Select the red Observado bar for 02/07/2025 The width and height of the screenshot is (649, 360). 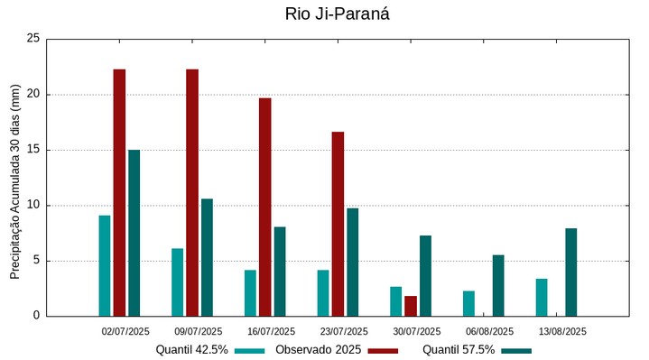point(119,192)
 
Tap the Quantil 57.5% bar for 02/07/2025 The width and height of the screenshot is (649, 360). point(134,233)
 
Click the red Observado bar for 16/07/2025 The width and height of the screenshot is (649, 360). point(265,207)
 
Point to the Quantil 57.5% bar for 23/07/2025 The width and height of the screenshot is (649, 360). point(352,262)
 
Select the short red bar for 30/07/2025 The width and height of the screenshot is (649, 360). point(411,306)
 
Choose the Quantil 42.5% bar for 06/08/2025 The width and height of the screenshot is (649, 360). point(468,303)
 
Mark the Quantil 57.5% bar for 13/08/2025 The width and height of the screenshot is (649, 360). point(570,272)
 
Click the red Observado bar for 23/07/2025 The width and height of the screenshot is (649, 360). point(338,224)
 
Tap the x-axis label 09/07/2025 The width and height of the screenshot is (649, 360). point(199,331)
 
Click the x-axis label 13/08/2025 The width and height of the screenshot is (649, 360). point(562,331)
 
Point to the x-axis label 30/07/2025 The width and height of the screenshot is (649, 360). point(417,331)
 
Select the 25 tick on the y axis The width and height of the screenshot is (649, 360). point(33,39)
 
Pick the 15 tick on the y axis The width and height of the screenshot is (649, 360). point(33,150)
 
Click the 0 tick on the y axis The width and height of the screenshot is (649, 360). point(37,316)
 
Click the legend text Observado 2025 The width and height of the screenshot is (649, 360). point(318,350)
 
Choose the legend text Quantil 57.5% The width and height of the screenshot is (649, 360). point(459,350)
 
